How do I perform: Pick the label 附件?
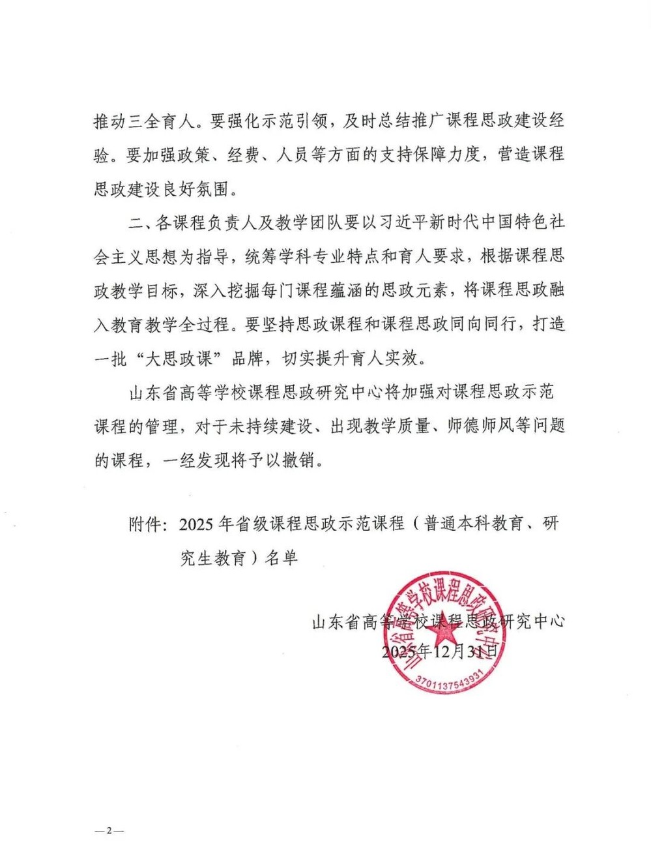coord(150,524)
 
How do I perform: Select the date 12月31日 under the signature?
coord(467,651)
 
